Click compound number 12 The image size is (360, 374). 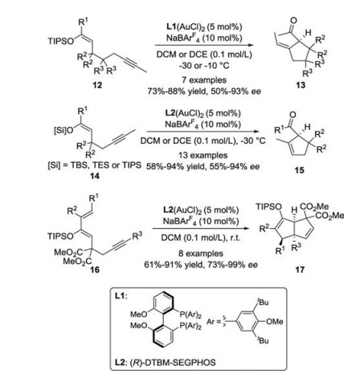pos(97,85)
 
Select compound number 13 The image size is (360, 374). pos(301,85)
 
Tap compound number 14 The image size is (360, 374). pos(95,176)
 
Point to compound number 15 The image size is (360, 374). pos(299,170)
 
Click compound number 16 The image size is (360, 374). pos(95,269)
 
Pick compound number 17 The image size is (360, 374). pos(300,270)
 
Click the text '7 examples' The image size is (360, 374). pos(204,79)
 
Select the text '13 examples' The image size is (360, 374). pos(203,155)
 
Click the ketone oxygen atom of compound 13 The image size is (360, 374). pos(293,20)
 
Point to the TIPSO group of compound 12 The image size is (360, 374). pos(61,41)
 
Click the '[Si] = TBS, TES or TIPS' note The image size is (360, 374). pos(94,165)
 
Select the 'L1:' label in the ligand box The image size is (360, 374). pos(121,296)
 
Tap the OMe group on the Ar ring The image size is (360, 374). pos(274,321)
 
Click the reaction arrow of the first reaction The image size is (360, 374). pos(203,45)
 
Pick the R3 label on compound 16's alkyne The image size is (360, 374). pos(137,235)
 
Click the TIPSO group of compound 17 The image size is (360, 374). pos(268,206)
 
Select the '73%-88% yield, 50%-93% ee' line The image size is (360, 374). pos(204,91)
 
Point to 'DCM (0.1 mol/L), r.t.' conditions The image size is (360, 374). pos(201,238)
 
